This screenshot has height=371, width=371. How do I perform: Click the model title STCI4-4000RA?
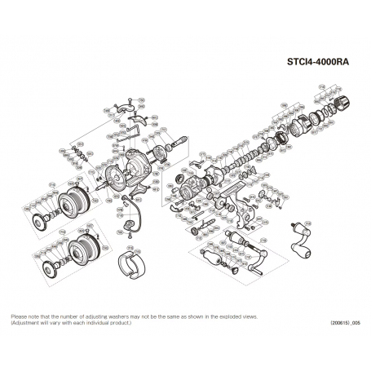pos(320,60)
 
